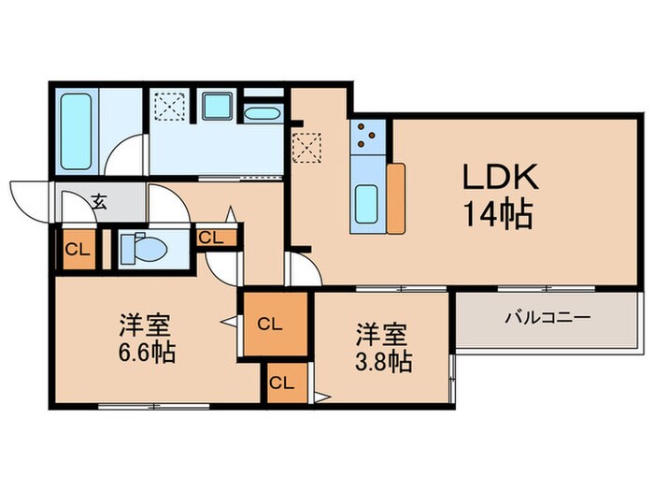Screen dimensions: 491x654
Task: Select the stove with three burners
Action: pyautogui.click(x=367, y=138)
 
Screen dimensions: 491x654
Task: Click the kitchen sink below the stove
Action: pyautogui.click(x=366, y=200)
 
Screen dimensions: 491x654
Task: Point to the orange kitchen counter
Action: pyautogui.click(x=396, y=197)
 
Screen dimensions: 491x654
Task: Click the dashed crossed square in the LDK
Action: pyautogui.click(x=306, y=146)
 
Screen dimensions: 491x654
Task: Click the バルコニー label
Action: pyautogui.click(x=547, y=318)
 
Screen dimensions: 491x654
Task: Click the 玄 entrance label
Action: pyautogui.click(x=98, y=200)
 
